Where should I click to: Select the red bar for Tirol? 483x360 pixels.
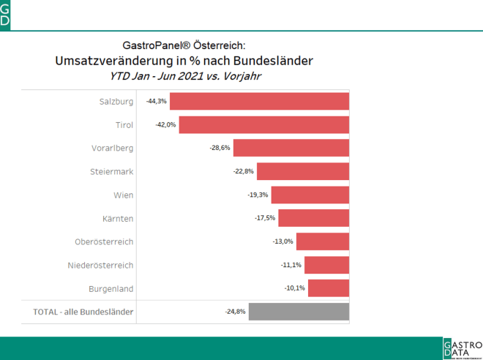263,124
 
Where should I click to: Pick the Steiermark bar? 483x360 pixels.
303,171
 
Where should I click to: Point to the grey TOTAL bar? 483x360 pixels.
299,312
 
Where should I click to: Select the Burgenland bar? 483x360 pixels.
329,288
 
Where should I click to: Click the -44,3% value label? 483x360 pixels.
157,101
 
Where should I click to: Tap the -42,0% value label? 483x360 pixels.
165,124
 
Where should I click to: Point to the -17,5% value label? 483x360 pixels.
265,218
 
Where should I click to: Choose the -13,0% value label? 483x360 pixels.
283,241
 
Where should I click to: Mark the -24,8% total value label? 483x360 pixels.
235,312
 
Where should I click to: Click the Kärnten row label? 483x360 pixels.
118,218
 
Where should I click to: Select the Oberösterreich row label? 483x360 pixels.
104,241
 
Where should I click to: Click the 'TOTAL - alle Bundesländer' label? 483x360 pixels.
83,312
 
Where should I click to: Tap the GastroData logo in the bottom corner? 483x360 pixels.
462,348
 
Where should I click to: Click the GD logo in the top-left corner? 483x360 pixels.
5,15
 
